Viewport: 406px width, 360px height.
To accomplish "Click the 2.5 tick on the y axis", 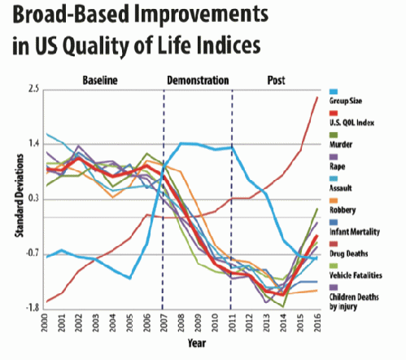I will pyautogui.click(x=33, y=88).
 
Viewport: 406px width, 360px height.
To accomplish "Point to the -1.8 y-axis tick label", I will pyautogui.click(x=32, y=308).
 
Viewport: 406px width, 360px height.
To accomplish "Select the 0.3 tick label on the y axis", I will pyautogui.click(x=33, y=198).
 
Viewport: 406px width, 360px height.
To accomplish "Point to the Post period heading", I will pyautogui.click(x=277, y=80).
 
